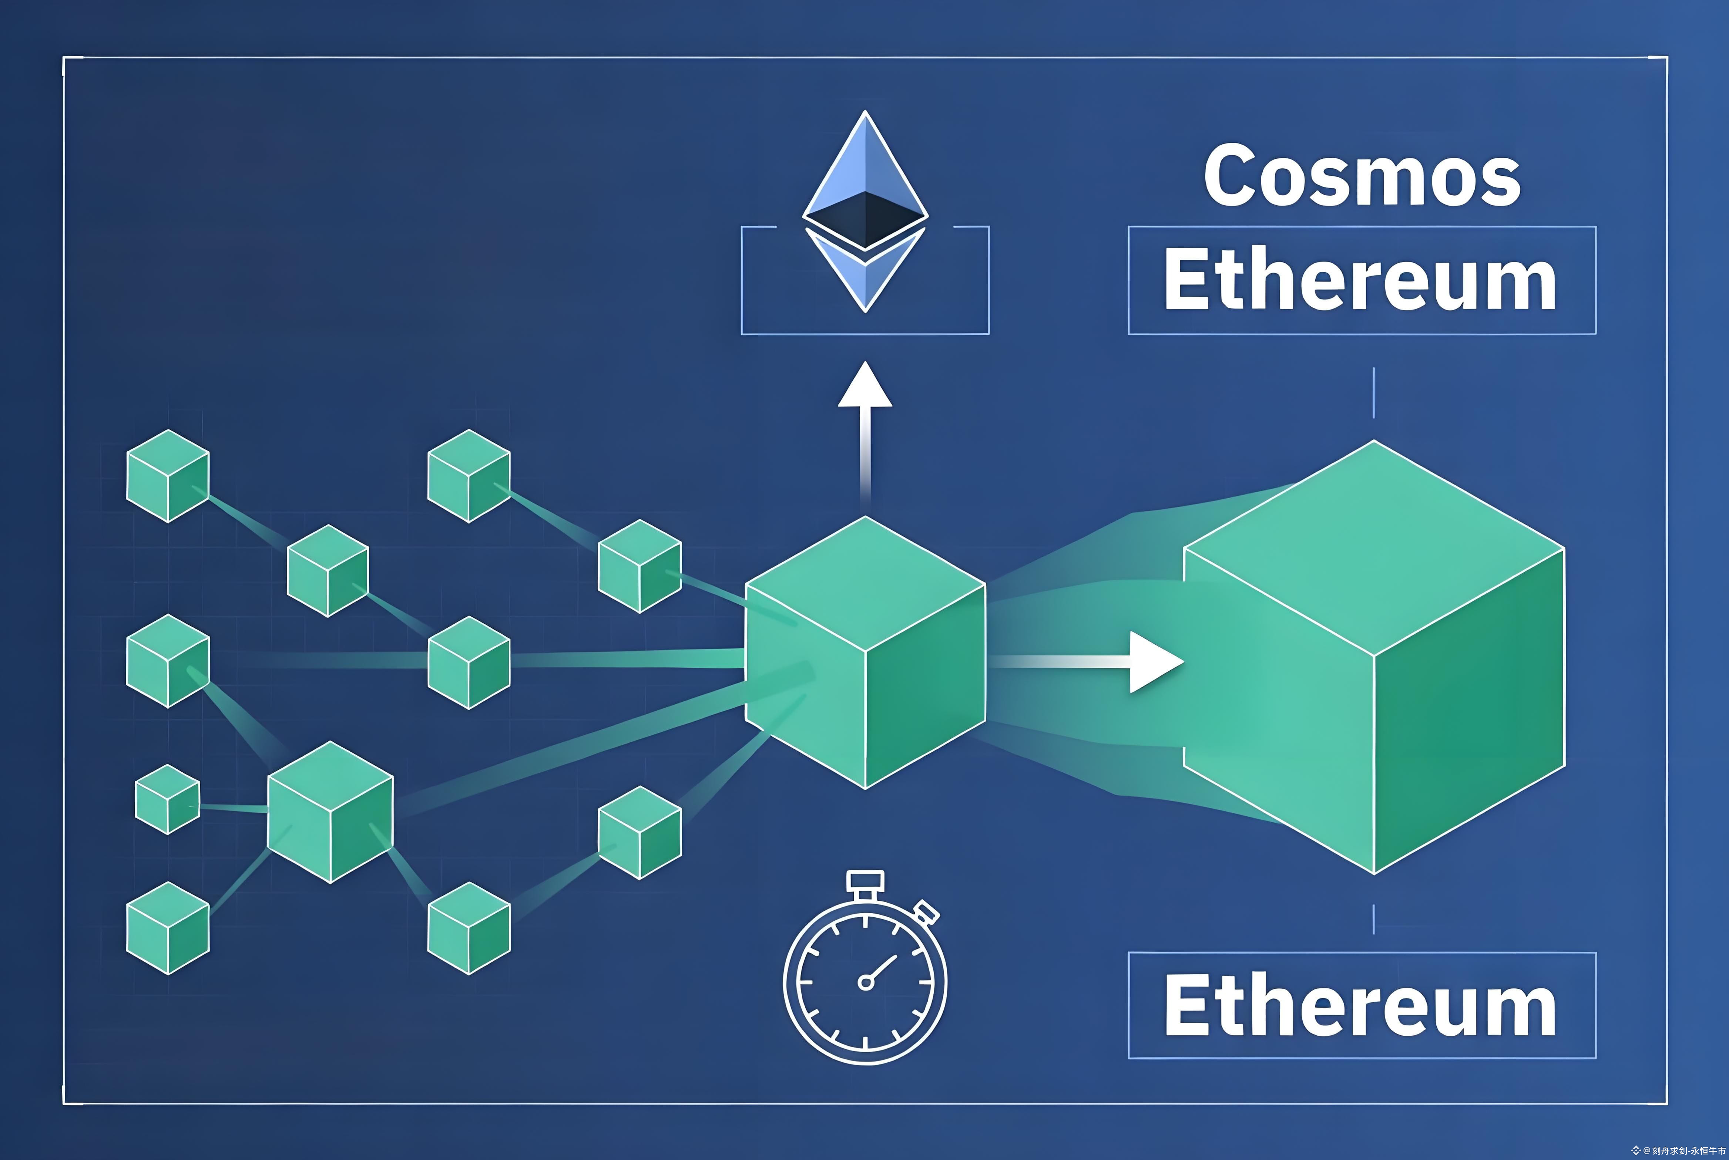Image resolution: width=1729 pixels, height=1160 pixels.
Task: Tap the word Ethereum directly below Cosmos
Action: [x=1360, y=281]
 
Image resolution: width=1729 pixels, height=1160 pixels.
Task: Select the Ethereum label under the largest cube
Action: [x=1360, y=1006]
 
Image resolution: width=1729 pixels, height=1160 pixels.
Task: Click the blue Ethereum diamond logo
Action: [x=864, y=211]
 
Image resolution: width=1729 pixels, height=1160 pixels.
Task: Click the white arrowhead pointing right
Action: [x=1155, y=662]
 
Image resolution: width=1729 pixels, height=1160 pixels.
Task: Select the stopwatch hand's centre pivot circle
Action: [x=865, y=982]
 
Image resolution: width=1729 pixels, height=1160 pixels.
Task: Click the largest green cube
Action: [x=1374, y=658]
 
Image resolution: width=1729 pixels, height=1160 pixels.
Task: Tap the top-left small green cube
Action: [x=168, y=476]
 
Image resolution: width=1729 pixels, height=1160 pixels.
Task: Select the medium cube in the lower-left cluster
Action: [x=330, y=812]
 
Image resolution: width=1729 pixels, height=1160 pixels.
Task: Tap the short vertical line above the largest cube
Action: [x=1374, y=392]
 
